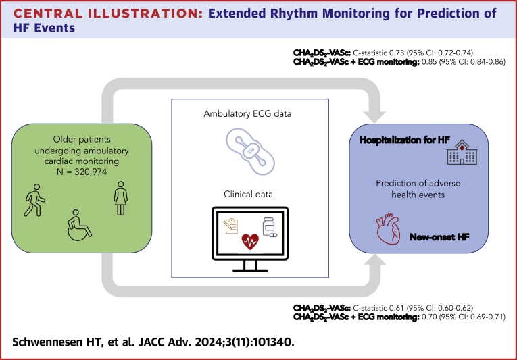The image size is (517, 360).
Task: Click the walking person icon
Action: point(35,200)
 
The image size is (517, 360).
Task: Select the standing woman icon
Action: point(121,198)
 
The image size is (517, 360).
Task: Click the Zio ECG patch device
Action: point(250,151)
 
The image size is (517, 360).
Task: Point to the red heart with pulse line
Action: point(250,241)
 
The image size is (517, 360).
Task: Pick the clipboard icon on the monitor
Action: point(231,226)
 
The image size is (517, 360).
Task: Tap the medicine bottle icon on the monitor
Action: point(270,227)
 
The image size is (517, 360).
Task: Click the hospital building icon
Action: point(462,152)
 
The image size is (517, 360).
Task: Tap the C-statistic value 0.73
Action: point(396,53)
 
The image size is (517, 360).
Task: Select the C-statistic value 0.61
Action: point(396,308)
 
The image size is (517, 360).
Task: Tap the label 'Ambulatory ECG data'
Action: point(247,114)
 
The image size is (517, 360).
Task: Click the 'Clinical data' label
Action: point(248,194)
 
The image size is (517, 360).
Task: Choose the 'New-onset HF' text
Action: point(439,237)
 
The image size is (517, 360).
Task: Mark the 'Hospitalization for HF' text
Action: point(405,140)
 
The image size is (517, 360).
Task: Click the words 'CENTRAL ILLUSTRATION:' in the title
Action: point(109,14)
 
